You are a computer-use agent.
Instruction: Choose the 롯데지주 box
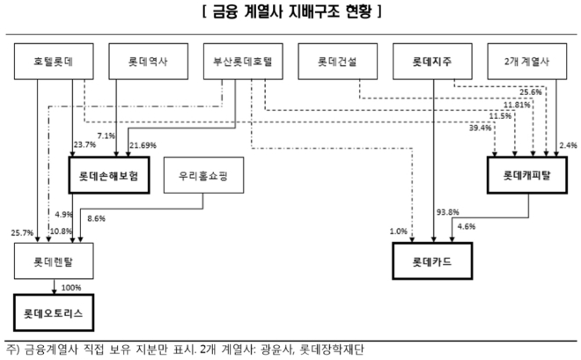tap(432, 63)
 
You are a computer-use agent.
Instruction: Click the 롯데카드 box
tap(432, 261)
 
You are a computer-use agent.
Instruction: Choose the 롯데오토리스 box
tap(55, 311)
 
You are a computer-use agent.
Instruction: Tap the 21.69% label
tap(143, 145)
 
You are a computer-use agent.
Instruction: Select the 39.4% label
tap(480, 129)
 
